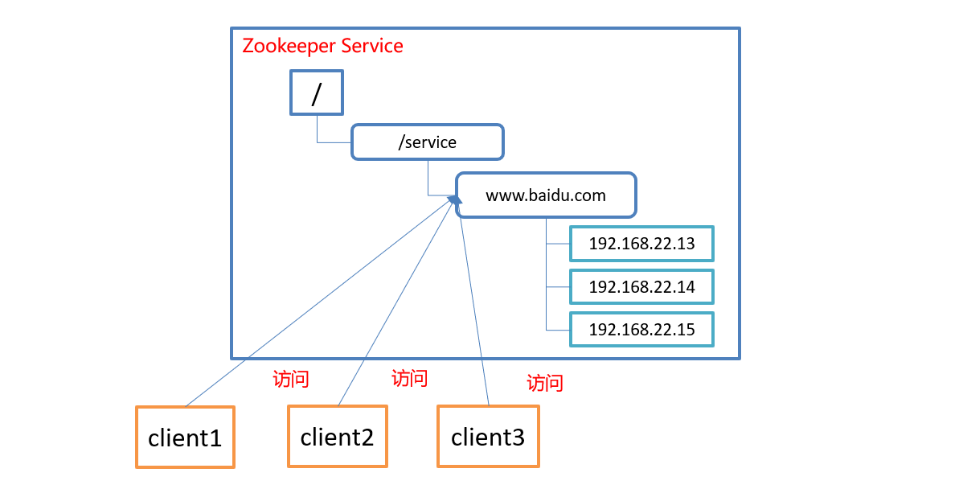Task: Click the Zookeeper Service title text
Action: pos(322,46)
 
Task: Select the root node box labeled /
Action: pos(316,92)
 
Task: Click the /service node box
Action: pos(427,142)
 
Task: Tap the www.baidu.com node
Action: pos(546,195)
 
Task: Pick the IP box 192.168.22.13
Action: pos(641,244)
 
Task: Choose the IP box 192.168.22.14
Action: pos(641,287)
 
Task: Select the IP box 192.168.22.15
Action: pos(641,330)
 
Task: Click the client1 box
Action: pos(185,438)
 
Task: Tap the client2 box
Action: pos(337,437)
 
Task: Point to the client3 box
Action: pos(488,437)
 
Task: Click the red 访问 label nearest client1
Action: pos(291,379)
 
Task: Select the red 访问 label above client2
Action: pos(409,378)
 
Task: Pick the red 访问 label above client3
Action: pos(544,383)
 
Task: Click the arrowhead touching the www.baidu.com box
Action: pos(456,200)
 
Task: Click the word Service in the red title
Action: pos(371,46)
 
